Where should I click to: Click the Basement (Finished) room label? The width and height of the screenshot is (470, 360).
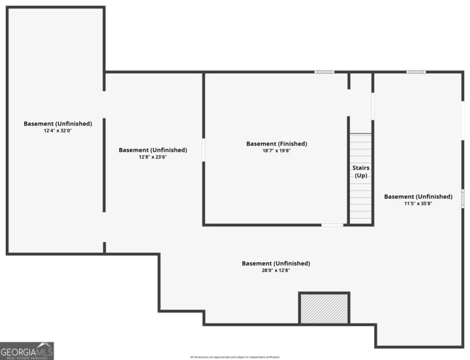point(276,143)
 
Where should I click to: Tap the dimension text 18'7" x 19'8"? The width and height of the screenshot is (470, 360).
point(276,151)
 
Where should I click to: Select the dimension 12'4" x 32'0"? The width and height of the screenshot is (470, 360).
point(57,130)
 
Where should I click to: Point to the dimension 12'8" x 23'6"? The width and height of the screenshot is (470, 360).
point(153,157)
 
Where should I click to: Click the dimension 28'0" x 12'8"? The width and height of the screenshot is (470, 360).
point(275,270)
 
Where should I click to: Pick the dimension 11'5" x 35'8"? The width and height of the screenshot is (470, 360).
point(418,203)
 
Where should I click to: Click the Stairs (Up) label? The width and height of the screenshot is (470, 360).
point(361,172)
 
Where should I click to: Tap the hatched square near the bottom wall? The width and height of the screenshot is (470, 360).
point(324,308)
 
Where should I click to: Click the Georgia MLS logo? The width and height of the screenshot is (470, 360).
point(27,351)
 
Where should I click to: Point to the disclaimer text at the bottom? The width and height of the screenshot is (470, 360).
point(235,357)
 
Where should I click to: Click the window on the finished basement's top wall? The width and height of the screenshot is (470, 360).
point(324,72)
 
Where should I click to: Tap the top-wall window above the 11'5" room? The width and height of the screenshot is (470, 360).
point(416,72)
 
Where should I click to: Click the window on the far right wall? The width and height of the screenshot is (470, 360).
point(463,198)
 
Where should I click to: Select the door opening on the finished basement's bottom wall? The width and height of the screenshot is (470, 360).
point(332,225)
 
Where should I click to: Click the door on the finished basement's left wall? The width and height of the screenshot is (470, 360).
point(204,150)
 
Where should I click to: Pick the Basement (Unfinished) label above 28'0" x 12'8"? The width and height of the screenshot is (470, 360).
point(275,263)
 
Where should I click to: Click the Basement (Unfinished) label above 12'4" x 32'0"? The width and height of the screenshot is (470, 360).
point(57,124)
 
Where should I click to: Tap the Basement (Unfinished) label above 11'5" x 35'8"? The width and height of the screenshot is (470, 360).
point(418,196)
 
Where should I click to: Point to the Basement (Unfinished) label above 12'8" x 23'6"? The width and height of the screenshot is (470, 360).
point(153,150)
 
